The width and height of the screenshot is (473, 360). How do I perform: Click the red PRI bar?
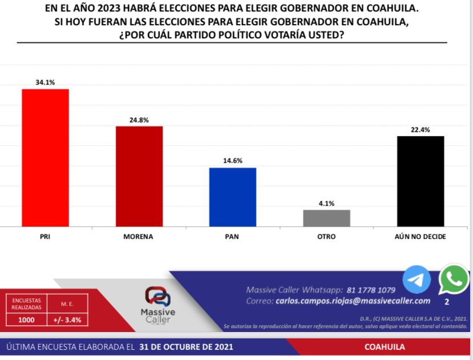point(45,158)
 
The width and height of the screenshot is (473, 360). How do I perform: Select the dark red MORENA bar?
point(139,176)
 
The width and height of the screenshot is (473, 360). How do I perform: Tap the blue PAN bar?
point(233,197)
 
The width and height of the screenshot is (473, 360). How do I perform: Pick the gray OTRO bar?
point(326,218)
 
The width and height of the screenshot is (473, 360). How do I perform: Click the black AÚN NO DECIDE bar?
point(420,181)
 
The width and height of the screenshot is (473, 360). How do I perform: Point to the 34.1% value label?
point(45,82)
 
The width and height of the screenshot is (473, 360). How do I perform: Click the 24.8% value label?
point(139,120)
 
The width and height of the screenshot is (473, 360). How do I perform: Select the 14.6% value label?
point(233,161)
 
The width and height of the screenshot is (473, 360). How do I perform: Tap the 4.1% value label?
point(326,203)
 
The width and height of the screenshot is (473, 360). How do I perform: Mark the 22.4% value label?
point(420,130)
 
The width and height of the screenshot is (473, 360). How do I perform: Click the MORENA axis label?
point(139,236)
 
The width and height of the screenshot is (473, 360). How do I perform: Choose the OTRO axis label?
point(326,236)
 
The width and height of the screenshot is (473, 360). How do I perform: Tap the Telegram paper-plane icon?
point(416,280)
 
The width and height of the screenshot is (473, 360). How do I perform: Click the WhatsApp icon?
point(454,279)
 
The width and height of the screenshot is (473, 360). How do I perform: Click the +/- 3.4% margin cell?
point(67,320)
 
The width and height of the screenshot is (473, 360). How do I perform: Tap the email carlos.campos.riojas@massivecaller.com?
point(352,301)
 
